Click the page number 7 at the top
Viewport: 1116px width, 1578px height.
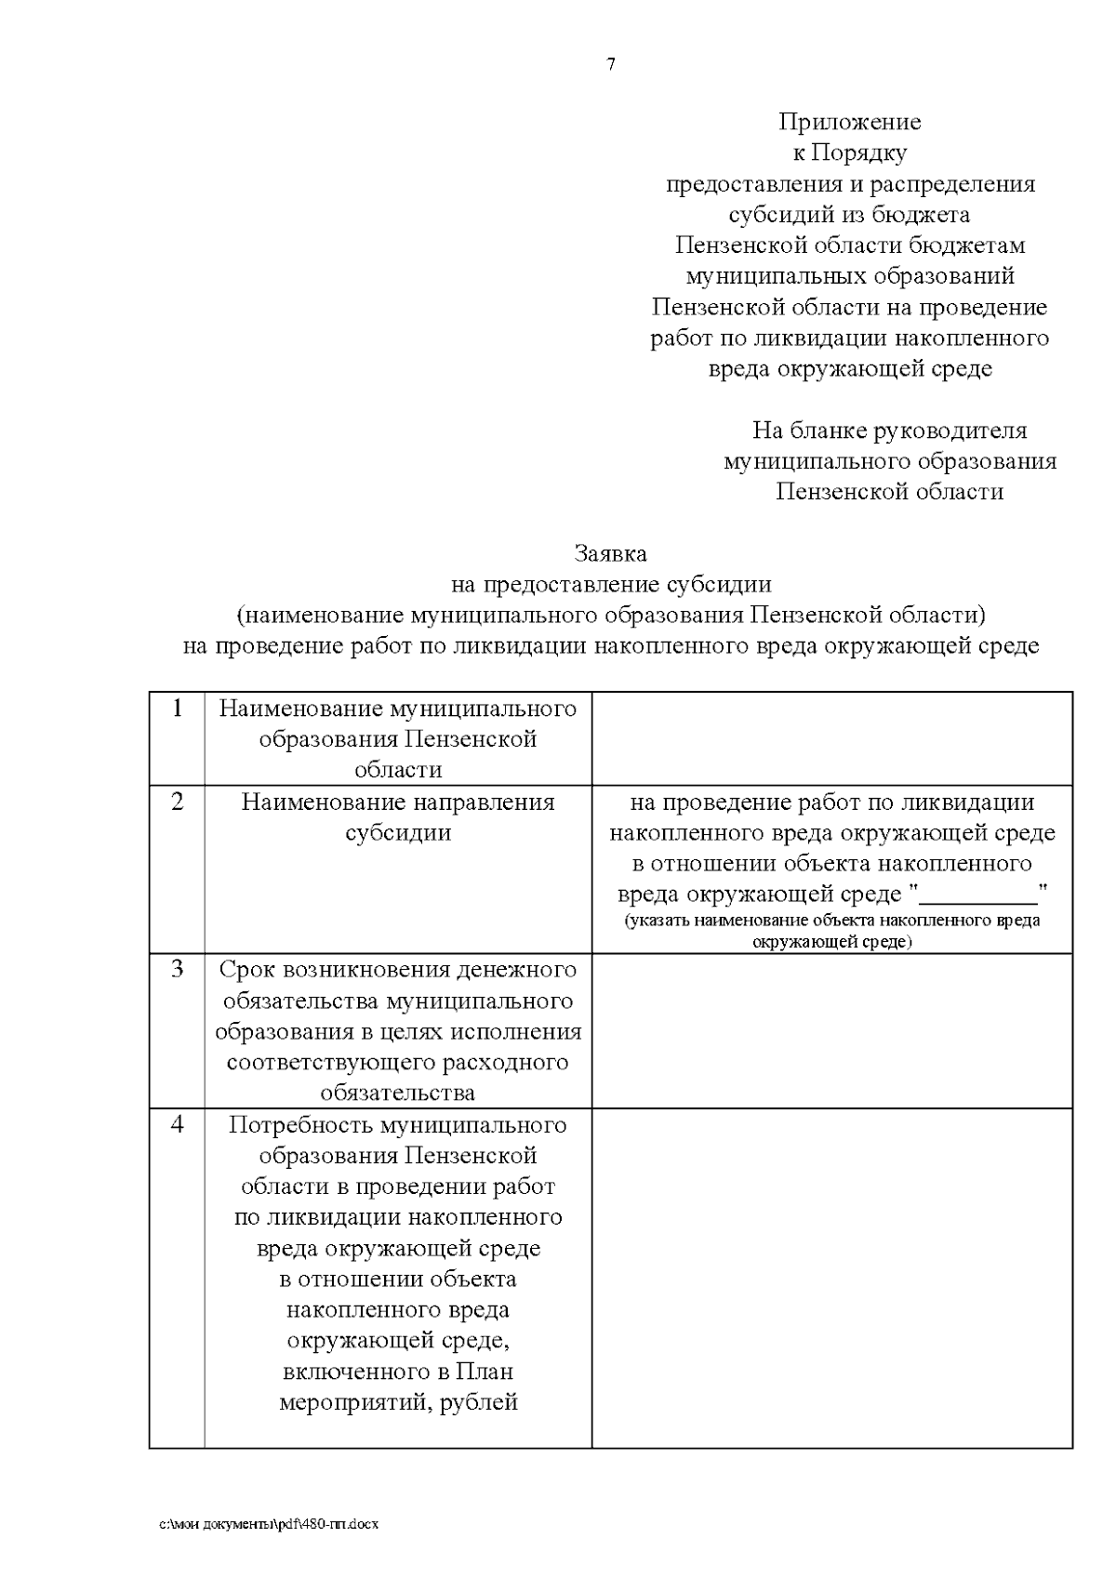pyautogui.click(x=611, y=65)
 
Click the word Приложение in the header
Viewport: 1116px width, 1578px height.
pyautogui.click(x=849, y=122)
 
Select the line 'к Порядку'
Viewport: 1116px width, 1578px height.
pyautogui.click(x=849, y=152)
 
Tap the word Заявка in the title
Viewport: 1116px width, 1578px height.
pyautogui.click(x=610, y=553)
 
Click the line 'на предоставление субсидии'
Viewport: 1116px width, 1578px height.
pyautogui.click(x=610, y=584)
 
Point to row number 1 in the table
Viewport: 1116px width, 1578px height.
pyautogui.click(x=178, y=709)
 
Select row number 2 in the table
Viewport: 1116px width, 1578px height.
pyautogui.click(x=178, y=802)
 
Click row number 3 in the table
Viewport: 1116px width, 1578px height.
pyautogui.click(x=178, y=969)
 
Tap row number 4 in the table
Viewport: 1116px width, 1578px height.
pyautogui.click(x=178, y=1124)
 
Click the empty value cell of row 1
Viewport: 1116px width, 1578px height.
pyautogui.click(x=831, y=738)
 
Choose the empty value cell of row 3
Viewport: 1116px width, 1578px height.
pyautogui.click(x=831, y=1029)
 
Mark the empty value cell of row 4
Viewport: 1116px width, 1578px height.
pyautogui.click(x=831, y=1277)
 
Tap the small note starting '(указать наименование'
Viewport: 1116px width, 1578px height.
pyautogui.click(x=831, y=931)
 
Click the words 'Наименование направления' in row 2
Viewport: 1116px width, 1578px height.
pyautogui.click(x=398, y=802)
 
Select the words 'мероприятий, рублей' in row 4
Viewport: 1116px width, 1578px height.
pyautogui.click(x=398, y=1402)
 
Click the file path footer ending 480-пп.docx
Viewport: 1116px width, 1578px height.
pyautogui.click(x=269, y=1524)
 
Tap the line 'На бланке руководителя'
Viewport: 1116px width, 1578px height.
pyautogui.click(x=889, y=431)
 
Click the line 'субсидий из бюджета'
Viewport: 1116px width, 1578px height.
pyautogui.click(x=849, y=215)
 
